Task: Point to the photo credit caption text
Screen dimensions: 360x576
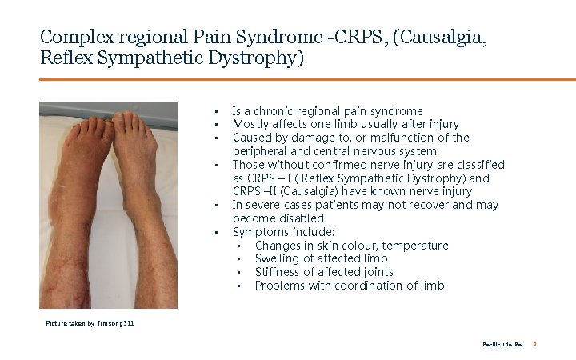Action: point(90,323)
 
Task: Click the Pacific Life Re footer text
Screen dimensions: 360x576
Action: point(502,344)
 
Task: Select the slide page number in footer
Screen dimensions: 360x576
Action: point(534,344)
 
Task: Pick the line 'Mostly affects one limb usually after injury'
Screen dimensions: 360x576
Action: point(345,124)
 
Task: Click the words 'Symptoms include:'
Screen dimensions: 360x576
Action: point(272,232)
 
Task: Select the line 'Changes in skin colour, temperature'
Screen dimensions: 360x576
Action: point(351,246)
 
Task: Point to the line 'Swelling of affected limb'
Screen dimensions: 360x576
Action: point(321,258)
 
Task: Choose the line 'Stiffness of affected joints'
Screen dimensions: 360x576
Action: point(324,272)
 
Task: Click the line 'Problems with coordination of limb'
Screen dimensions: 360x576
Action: point(350,286)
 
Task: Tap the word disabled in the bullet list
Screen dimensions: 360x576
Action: point(298,218)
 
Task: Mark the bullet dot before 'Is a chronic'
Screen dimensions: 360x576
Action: point(216,111)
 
